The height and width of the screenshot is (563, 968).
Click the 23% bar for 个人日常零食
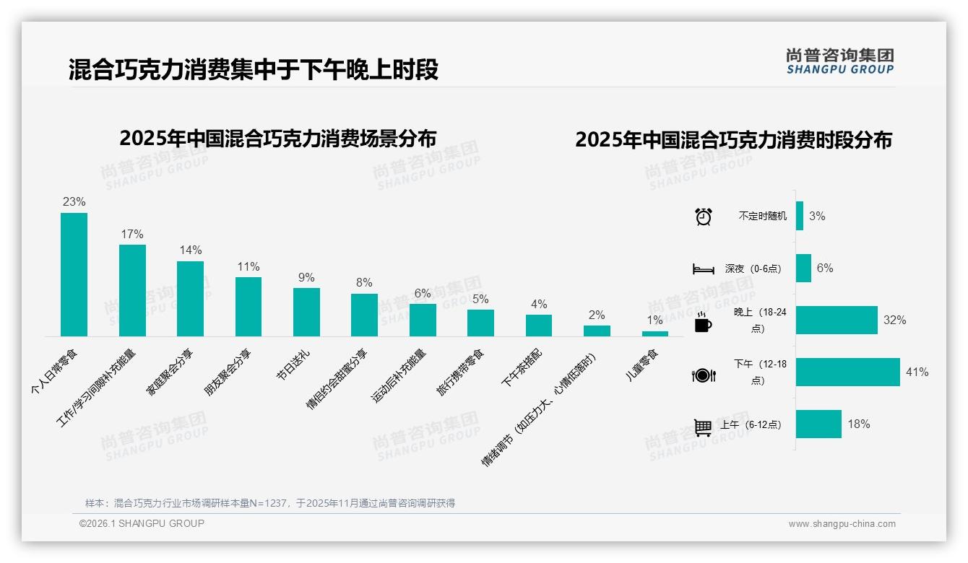tap(74, 274)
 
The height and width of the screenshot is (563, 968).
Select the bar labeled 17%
tap(132, 290)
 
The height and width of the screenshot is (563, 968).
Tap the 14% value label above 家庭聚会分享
tap(191, 250)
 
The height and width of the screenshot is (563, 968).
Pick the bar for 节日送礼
tap(306, 312)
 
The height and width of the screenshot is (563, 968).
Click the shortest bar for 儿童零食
tap(654, 333)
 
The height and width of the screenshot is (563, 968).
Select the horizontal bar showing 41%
tap(848, 372)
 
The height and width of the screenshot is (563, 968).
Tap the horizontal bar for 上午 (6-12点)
tap(818, 424)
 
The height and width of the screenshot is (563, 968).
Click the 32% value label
tap(894, 320)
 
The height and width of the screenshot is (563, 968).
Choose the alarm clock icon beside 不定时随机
tap(704, 217)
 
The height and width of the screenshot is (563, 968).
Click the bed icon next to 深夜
tap(704, 269)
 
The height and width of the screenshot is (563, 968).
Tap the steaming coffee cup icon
tap(703, 323)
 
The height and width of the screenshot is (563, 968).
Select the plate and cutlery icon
tap(704, 375)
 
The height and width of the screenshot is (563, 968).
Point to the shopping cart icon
tap(703, 427)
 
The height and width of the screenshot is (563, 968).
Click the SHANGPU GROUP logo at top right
tap(839, 61)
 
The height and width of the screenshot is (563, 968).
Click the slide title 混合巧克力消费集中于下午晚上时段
tap(253, 70)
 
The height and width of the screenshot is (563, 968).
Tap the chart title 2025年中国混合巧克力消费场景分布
tap(278, 139)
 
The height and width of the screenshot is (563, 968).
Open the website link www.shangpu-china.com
tap(842, 524)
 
